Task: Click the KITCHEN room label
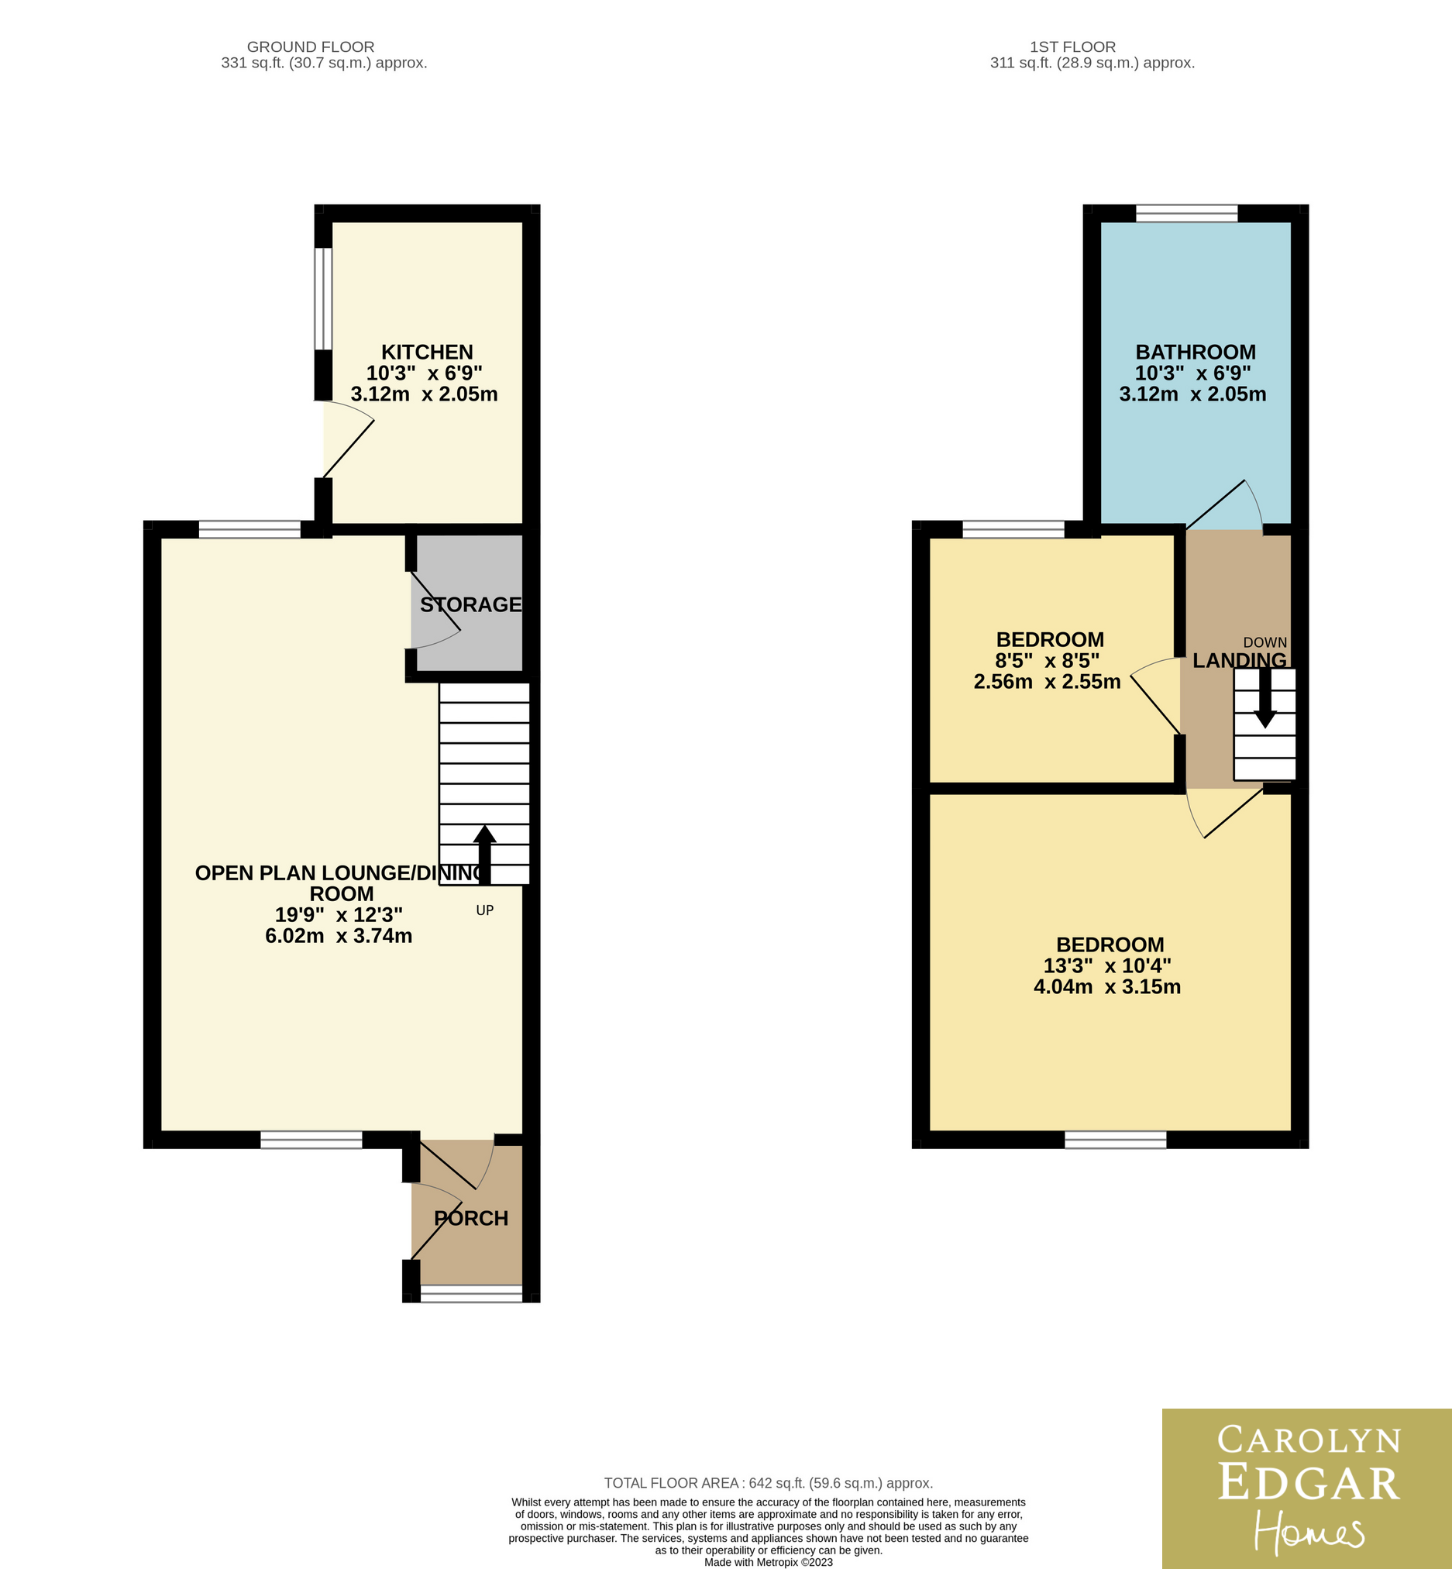coord(427,352)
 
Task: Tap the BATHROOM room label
coord(1195,352)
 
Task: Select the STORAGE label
coord(470,604)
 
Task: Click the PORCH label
coord(470,1218)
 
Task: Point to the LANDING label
coord(1240,661)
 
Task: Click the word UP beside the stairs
coord(485,910)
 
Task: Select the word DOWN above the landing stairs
coord(1265,642)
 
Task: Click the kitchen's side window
coord(323,298)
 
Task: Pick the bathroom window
coord(1186,213)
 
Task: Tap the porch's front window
coord(471,1293)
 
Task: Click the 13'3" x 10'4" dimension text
coord(1107,965)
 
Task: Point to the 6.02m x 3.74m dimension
coord(339,936)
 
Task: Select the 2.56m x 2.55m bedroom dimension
coord(1048,681)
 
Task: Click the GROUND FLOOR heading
coord(311,47)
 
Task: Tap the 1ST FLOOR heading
coord(1072,47)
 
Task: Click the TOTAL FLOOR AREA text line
coord(769,1483)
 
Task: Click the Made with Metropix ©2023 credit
coord(769,1563)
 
